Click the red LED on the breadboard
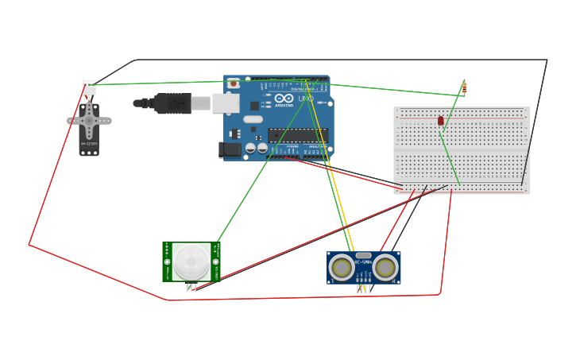click(441, 121)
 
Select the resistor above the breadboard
click(464, 87)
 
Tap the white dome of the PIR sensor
click(191, 261)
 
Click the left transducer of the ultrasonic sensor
click(342, 268)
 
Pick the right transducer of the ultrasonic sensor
click(385, 268)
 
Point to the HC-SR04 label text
click(363, 262)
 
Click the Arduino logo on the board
click(284, 99)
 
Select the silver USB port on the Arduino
click(226, 103)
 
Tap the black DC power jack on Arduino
click(230, 149)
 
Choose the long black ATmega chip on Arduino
click(297, 135)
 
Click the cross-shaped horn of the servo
click(89, 122)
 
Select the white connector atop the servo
click(89, 87)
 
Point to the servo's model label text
click(89, 144)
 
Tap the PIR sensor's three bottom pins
click(191, 287)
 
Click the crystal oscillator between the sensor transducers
click(363, 255)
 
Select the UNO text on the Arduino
click(305, 99)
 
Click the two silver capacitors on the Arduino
click(257, 148)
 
